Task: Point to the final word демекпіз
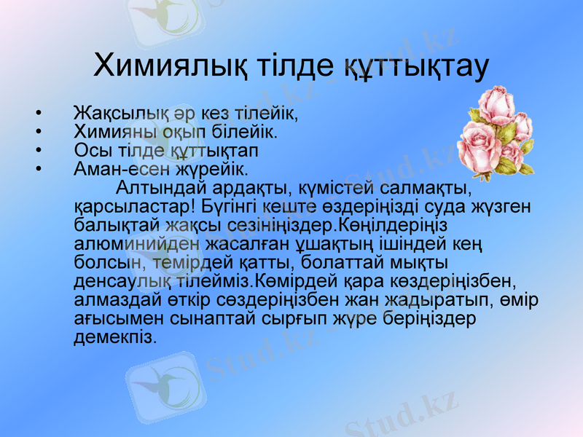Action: [115, 337]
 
